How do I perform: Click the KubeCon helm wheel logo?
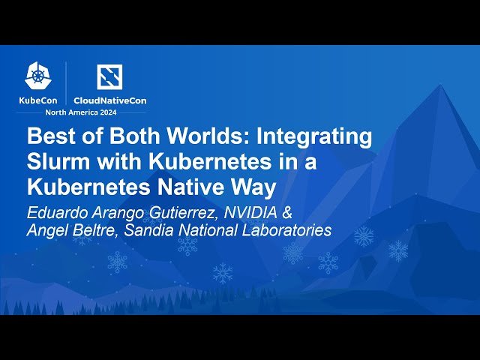(x=37, y=75)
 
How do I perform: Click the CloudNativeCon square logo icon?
(x=109, y=76)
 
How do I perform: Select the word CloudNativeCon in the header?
(x=109, y=100)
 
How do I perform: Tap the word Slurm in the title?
(x=58, y=161)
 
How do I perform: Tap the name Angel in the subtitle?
(x=46, y=230)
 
